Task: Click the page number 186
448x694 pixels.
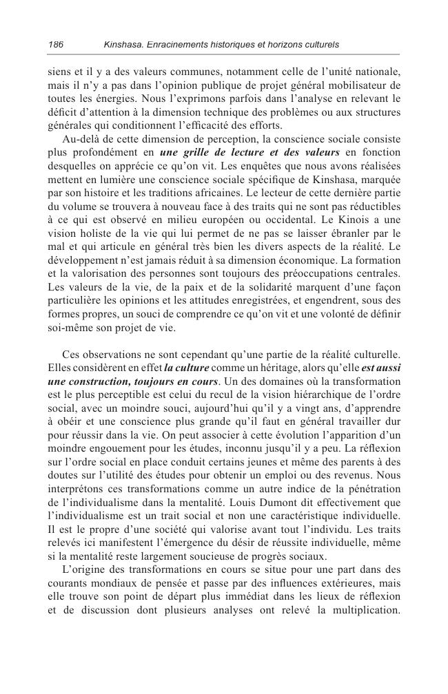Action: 56,45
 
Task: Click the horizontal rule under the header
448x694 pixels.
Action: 224,55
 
